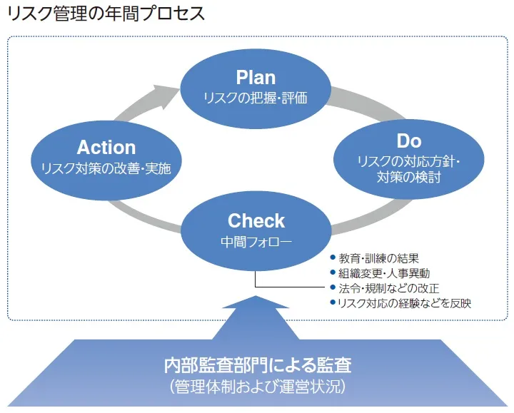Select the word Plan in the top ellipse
(256, 78)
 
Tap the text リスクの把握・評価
(256, 98)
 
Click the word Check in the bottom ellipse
(256, 221)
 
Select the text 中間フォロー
(256, 242)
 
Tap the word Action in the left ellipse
(106, 148)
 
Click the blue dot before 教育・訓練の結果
(333, 258)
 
